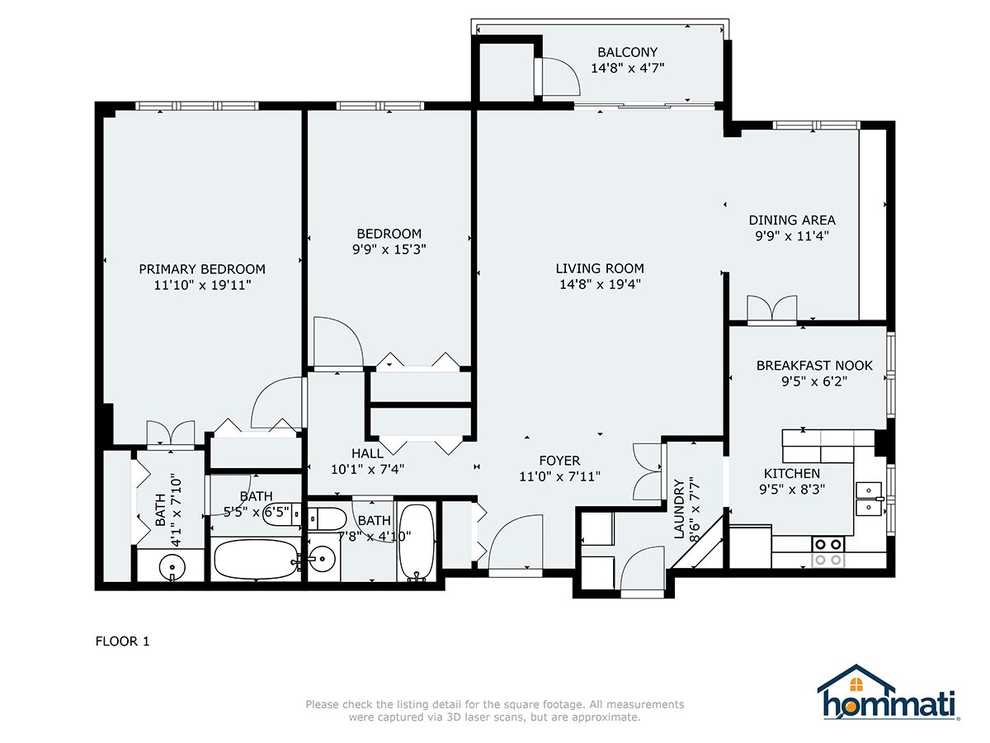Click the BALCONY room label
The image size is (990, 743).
click(x=627, y=52)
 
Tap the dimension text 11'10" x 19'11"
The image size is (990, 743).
click(x=202, y=285)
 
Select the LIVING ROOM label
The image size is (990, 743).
click(x=600, y=268)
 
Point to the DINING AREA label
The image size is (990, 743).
click(x=791, y=220)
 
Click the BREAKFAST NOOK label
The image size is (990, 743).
click(x=814, y=366)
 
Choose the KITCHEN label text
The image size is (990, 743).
click(x=791, y=473)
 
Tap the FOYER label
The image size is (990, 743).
click(x=559, y=461)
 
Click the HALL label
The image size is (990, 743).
click(x=367, y=453)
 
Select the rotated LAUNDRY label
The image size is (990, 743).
click(x=679, y=509)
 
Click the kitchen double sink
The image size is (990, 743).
click(x=869, y=499)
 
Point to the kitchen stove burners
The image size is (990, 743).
click(x=828, y=551)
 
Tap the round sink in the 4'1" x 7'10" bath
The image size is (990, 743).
click(x=172, y=566)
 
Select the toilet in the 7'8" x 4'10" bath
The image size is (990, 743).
click(x=327, y=518)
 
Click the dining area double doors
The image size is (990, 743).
click(x=772, y=309)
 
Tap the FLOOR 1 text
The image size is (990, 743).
click(x=122, y=641)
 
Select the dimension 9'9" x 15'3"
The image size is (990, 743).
click(x=389, y=249)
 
